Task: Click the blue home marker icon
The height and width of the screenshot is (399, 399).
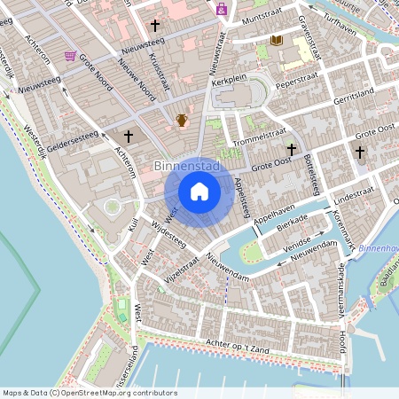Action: click(199, 191)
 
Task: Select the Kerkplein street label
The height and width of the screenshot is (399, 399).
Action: click(229, 80)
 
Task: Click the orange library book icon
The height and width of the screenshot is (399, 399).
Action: click(277, 41)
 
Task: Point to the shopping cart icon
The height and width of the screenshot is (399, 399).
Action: click(70, 56)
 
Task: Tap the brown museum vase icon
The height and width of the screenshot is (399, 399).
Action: click(182, 120)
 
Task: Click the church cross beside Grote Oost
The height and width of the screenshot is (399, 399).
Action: click(291, 151)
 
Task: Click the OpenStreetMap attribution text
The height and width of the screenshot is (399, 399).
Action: click(90, 393)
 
